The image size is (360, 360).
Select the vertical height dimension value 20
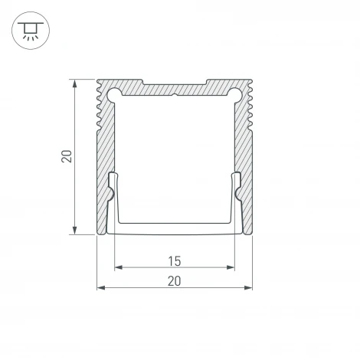[x=67, y=157]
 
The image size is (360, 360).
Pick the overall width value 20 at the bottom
[x=175, y=280]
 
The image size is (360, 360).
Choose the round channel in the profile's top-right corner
[x=235, y=94]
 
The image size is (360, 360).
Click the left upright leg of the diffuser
[x=112, y=201]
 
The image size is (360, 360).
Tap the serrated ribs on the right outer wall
[x=251, y=111]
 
